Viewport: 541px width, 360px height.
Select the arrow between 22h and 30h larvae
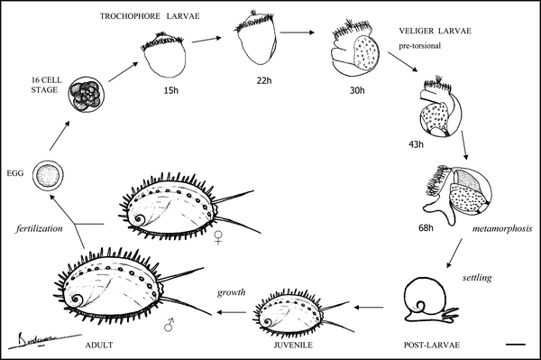click(x=297, y=32)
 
